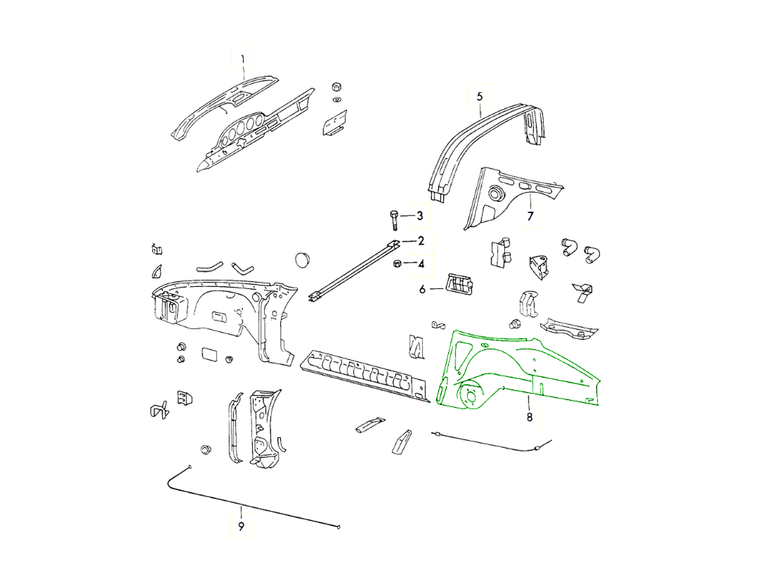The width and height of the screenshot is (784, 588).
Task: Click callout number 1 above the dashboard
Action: click(242, 59)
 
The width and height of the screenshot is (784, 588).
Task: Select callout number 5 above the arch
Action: click(479, 96)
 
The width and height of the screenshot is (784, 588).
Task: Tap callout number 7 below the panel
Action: click(531, 216)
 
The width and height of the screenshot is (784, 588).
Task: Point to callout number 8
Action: click(529, 416)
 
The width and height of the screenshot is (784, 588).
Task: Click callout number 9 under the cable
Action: click(241, 526)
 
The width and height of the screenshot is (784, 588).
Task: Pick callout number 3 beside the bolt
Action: click(420, 216)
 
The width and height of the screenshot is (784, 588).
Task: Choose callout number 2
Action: click(421, 241)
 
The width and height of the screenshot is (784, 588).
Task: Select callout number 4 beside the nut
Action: click(421, 264)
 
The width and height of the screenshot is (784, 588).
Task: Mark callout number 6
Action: click(422, 288)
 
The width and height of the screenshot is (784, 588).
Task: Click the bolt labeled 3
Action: click(395, 220)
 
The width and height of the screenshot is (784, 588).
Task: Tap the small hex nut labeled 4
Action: click(396, 264)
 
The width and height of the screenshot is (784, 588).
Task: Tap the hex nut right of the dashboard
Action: click(336, 87)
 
